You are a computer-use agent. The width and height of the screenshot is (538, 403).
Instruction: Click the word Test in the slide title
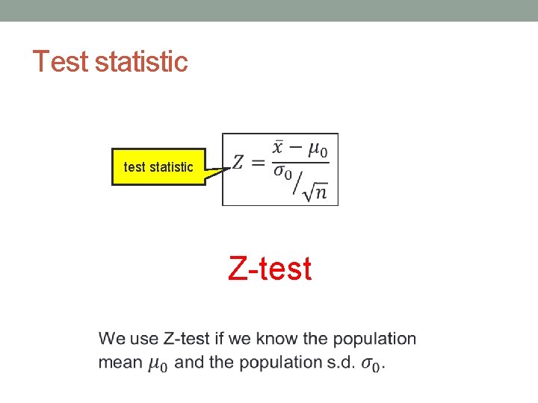click(x=61, y=61)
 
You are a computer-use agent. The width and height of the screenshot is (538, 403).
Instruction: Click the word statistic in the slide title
click(x=141, y=61)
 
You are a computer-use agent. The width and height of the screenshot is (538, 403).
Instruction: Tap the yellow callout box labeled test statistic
click(x=158, y=167)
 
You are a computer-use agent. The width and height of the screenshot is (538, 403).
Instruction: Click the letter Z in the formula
click(x=238, y=162)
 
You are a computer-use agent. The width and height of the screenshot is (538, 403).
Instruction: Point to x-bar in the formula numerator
click(x=278, y=149)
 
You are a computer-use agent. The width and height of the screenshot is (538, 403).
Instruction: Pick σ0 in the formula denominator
click(x=282, y=173)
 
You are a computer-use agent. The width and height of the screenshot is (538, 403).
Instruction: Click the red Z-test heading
click(x=270, y=269)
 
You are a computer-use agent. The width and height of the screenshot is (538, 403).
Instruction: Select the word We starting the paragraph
click(x=112, y=339)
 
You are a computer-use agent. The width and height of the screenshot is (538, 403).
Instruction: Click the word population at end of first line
click(x=374, y=339)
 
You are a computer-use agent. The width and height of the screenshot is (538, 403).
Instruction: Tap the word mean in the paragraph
click(x=120, y=363)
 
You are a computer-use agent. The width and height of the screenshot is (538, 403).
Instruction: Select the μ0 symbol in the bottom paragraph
click(x=157, y=364)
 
